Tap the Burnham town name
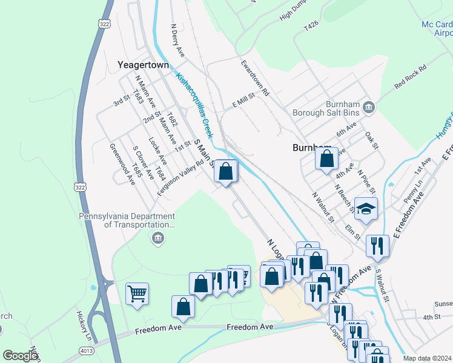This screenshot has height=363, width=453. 312,148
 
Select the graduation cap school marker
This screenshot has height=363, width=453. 366,209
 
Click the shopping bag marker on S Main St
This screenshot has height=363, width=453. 225,172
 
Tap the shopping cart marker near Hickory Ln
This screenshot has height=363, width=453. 137,295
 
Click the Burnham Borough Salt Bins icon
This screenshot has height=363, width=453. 369,110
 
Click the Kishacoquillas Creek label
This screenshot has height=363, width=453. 195,105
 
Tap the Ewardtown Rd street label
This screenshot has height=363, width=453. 254,78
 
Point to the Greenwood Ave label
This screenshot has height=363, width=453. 122,163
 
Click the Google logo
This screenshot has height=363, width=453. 20,355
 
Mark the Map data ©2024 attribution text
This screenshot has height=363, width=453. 427,358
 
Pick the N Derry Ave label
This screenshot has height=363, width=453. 177,41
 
